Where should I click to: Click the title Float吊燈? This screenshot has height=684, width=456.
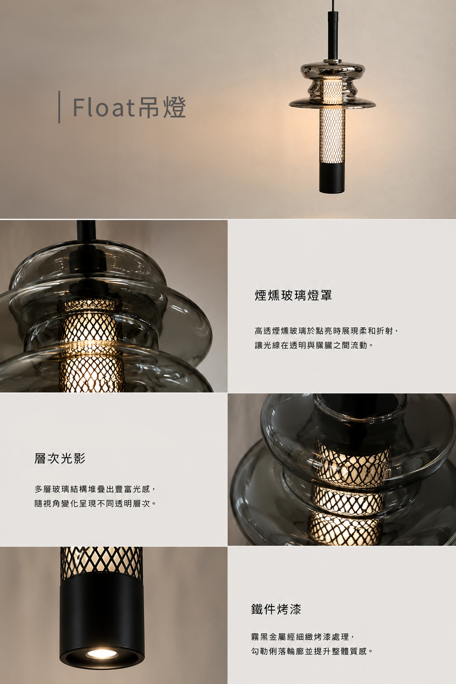tap(129, 107)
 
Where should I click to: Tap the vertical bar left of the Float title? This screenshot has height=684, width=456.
tap(59, 107)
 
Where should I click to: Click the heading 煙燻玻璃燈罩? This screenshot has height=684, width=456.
tap(293, 295)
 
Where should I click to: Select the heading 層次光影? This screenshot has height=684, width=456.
tap(60, 459)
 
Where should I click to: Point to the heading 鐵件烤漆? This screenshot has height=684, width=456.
tap(276, 609)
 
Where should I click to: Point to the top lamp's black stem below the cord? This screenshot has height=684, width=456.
tap(332, 35)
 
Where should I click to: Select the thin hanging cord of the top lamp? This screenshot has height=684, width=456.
tap(332, 6)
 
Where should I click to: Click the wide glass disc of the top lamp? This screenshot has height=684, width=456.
tap(332, 103)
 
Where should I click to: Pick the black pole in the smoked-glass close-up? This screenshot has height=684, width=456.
tap(86, 230)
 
